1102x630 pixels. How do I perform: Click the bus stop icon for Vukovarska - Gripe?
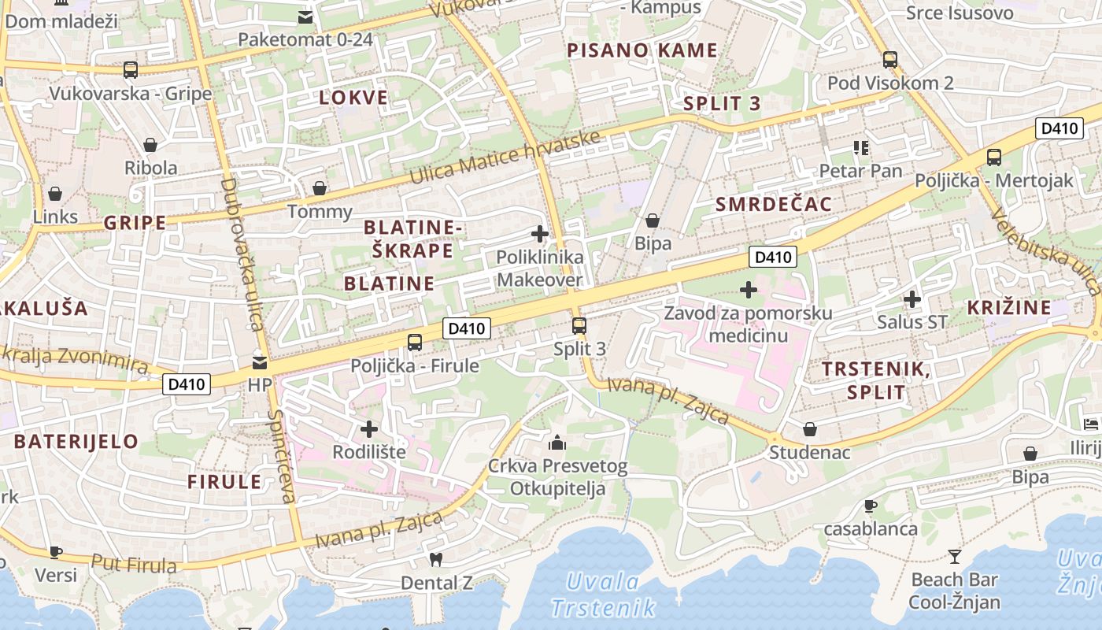[x=131, y=69]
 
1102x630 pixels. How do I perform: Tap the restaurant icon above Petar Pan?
[x=860, y=147]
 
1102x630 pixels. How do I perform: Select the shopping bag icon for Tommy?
[x=320, y=188]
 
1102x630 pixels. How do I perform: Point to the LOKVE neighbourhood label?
[x=353, y=98]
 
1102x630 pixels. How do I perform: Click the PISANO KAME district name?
[x=642, y=50]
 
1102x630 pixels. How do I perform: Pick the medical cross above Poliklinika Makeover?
[x=540, y=234]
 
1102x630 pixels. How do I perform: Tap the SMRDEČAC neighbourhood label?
[x=774, y=205]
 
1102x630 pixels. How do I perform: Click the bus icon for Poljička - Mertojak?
[x=994, y=157]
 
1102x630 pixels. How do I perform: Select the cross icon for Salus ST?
[x=912, y=299]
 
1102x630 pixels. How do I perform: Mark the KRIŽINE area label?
[x=1009, y=307]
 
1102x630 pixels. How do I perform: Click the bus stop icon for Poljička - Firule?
[x=415, y=343]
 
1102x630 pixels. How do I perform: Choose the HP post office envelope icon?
[x=259, y=363]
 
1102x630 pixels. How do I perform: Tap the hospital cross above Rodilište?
[x=369, y=429]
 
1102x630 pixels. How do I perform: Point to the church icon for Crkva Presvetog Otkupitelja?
[x=557, y=443]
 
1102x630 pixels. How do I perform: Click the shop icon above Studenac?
[x=809, y=429]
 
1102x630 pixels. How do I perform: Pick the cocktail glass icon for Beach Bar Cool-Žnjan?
[x=955, y=557]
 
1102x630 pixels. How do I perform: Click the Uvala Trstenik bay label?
[x=604, y=595]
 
